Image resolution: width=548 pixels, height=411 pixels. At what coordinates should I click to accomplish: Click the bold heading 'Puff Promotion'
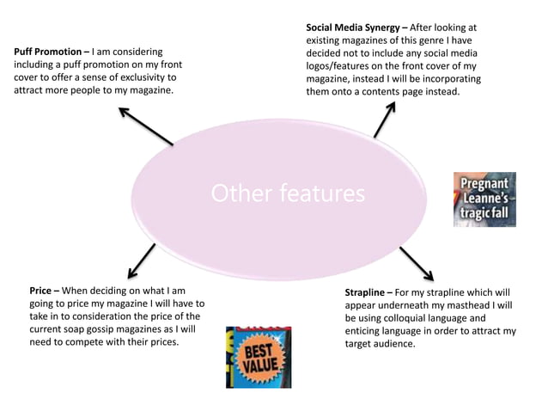tap(48, 52)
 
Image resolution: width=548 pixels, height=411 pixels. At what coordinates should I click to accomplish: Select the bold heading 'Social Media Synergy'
tap(354, 28)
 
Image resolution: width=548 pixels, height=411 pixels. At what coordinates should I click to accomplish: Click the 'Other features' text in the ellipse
tap(288, 193)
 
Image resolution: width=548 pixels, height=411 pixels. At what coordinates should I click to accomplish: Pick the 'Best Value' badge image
tap(259, 357)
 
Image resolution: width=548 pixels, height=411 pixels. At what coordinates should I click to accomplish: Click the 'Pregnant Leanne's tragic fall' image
tap(484, 199)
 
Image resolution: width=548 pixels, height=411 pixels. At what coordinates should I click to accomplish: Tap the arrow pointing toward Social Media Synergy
tap(385, 119)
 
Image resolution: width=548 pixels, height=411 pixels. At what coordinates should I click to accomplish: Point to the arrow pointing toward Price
tap(142, 259)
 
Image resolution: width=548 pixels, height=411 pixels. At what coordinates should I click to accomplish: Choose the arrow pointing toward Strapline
tap(417, 263)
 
